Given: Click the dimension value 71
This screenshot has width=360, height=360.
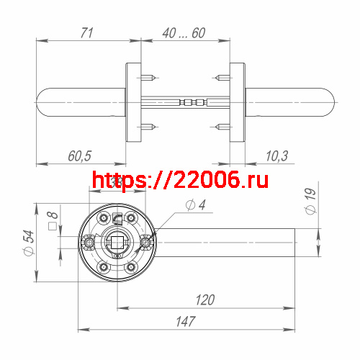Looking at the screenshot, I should tap(87, 33).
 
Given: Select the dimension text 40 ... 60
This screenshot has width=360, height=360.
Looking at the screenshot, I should tap(184, 33).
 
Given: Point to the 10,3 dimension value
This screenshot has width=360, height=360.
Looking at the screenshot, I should tap(276, 156).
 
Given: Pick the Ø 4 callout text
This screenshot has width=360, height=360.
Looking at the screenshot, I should tap(195, 206).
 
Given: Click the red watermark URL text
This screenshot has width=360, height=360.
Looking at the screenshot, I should tap(181, 181).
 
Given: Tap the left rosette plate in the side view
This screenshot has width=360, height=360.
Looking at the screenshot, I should tap(134, 102).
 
